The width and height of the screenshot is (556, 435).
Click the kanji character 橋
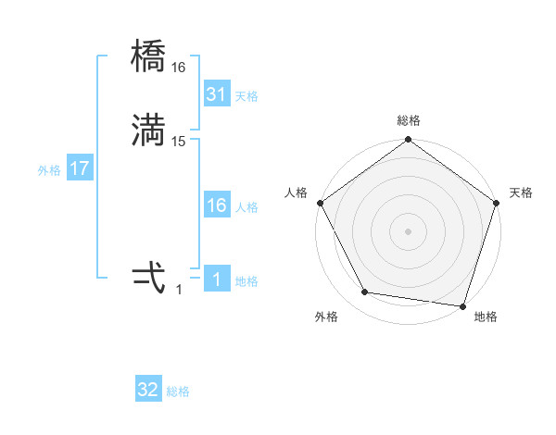pos(148,60)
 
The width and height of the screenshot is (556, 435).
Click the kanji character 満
pos(148,131)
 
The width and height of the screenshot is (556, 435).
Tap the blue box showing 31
pos(216,94)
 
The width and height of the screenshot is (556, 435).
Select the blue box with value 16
pos(216,205)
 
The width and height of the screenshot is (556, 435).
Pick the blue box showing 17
pos(79,169)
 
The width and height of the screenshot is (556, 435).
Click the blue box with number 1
pos(216,280)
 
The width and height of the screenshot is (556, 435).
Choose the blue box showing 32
pos(148,390)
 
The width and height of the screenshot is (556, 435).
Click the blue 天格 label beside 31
pos(246,96)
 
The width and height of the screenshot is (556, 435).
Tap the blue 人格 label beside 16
pos(246,207)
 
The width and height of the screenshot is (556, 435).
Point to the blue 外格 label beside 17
pos(48,170)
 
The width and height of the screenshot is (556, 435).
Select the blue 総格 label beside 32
pos(178,391)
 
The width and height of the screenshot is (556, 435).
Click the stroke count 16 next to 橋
pos(179,68)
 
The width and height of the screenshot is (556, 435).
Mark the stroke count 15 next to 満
pos(179,141)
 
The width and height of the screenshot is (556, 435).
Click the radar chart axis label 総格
pos(409,120)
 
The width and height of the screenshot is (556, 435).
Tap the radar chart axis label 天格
pos(521,193)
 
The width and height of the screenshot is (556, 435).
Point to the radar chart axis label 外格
pos(326,317)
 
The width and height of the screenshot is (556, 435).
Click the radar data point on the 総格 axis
pos(409,141)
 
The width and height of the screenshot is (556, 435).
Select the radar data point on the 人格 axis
pos(320,203)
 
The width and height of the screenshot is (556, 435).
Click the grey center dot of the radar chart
pos(409,230)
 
